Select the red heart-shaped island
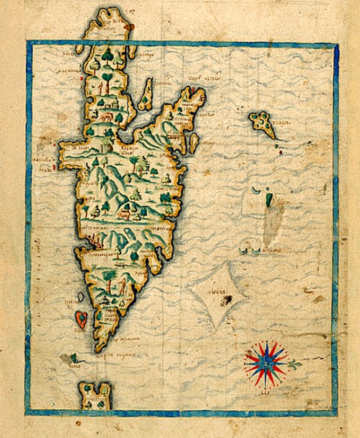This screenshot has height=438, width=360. pos(82,318)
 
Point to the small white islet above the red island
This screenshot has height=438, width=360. pos(80,296)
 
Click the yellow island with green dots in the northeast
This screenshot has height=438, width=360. pos(263,126)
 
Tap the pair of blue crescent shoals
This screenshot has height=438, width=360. pos(252,250)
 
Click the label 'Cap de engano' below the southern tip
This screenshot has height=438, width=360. pos(108,354)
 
